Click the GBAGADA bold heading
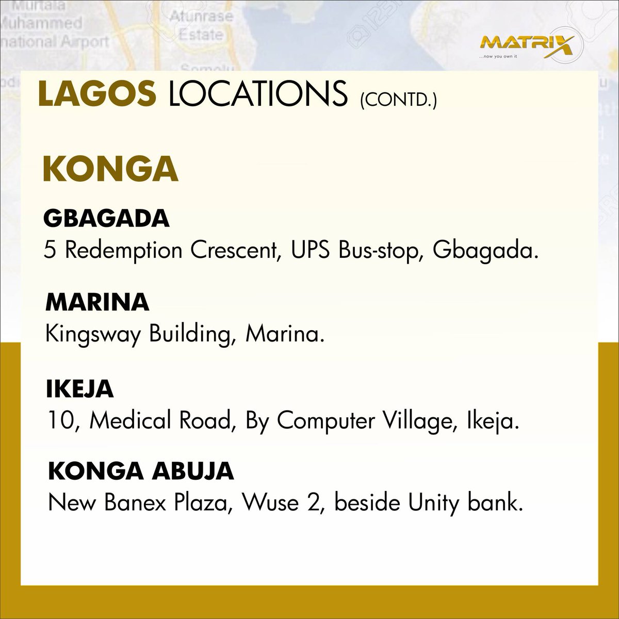pyautogui.click(x=107, y=219)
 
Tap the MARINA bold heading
pyautogui.click(x=97, y=303)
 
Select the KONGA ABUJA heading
pyautogui.click(x=141, y=471)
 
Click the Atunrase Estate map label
pyautogui.click(x=201, y=26)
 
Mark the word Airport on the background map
pyautogui.click(x=83, y=41)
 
